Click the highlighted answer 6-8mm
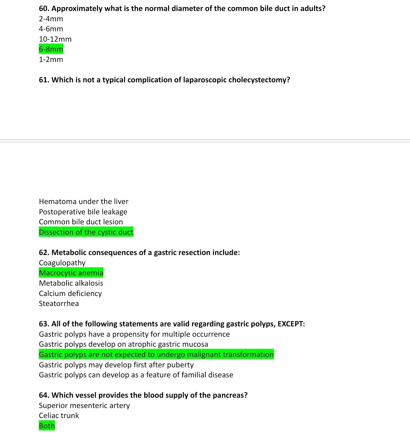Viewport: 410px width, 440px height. point(51,49)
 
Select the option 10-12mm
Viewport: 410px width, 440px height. point(55,39)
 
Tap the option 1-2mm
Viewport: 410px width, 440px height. point(51,59)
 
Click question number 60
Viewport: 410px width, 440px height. point(44,8)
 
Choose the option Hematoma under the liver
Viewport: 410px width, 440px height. point(83,201)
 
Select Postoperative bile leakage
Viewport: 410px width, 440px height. point(83,212)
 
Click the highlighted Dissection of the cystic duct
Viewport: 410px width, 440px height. point(86,232)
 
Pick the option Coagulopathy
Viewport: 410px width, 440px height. point(62,263)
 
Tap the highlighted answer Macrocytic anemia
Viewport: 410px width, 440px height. point(71,273)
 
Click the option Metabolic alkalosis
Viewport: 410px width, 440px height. point(71,283)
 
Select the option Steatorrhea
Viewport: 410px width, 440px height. point(59,303)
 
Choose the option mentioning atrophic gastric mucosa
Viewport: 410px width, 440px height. point(123,344)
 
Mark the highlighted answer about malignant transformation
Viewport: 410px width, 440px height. point(156,354)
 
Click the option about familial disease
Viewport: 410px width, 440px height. point(136,375)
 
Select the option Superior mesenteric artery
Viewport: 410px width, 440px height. point(84,405)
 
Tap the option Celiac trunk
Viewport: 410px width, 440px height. point(59,415)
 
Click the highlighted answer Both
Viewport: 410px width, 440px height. point(47,426)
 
